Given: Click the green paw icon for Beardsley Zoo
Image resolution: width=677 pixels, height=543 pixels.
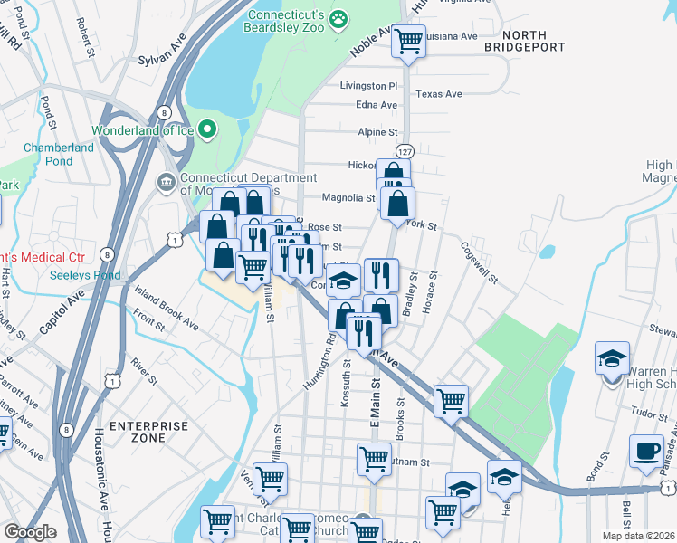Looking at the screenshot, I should click(x=338, y=18).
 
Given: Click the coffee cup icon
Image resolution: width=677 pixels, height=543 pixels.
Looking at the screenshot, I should click(x=647, y=452).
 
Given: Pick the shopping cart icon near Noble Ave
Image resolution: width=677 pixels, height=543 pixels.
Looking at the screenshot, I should click(x=409, y=41).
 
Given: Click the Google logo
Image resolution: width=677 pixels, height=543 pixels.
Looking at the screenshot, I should click(x=30, y=532).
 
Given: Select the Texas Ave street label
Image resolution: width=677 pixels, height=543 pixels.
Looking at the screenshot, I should click(x=438, y=94).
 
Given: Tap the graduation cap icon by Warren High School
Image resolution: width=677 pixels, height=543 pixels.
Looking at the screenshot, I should click(x=612, y=358).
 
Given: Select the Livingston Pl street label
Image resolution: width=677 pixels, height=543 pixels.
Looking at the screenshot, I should click(x=368, y=86).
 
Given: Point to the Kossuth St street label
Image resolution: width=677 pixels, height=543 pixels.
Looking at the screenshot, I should click(x=347, y=382).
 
